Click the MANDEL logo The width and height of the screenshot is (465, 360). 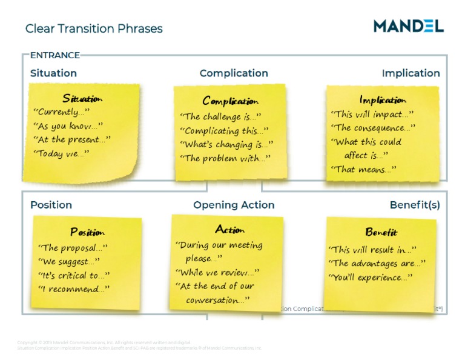click(408, 25)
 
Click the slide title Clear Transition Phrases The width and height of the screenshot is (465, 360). click(94, 28)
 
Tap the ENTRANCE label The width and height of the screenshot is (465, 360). click(54, 55)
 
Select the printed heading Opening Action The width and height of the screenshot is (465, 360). click(234, 205)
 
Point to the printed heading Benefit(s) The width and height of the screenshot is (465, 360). click(415, 205)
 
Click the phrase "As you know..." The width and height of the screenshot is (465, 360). click(68, 126)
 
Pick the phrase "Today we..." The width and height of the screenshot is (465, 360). click(61, 153)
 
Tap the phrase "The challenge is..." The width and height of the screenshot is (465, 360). click(221, 116)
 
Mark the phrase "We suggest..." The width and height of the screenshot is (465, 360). click(68, 262)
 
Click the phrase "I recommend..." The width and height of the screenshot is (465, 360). click(74, 289)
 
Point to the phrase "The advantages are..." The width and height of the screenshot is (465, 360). click(377, 263)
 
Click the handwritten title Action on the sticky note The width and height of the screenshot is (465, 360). click(230, 230)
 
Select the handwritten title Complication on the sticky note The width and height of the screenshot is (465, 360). click(230, 101)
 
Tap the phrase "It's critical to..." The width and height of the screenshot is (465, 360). click(73, 275)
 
